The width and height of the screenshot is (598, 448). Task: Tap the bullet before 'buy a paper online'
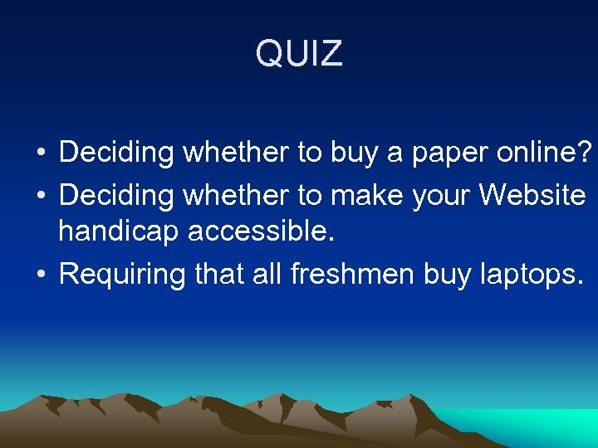(x=40, y=153)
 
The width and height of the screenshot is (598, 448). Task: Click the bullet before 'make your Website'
(x=40, y=197)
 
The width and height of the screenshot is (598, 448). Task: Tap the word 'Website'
(x=533, y=196)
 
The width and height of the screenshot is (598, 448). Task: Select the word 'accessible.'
(x=262, y=232)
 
